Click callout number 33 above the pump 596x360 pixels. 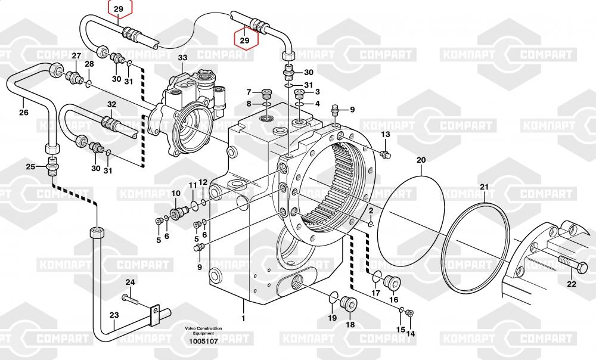[182, 58]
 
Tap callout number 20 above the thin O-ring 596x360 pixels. [421, 160]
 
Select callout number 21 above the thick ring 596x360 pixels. [485, 188]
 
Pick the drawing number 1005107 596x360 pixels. [203, 342]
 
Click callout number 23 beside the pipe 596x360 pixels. [114, 315]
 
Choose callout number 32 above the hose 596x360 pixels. [111, 104]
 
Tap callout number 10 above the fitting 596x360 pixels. [176, 194]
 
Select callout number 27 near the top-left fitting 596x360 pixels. [76, 56]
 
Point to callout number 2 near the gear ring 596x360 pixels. [370, 211]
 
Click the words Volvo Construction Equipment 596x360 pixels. [203, 331]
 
